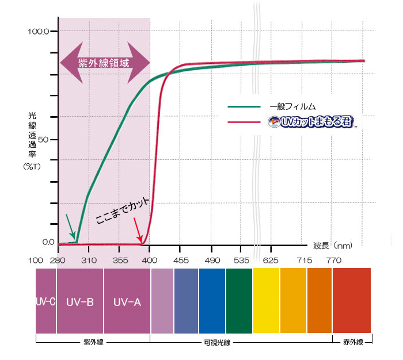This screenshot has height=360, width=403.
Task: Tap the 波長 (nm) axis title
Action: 333,246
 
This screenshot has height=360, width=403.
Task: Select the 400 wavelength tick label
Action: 150,261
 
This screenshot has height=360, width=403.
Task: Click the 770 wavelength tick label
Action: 333,261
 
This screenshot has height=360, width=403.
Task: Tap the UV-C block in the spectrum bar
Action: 45,301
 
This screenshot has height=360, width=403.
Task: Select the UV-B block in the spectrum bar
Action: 80,301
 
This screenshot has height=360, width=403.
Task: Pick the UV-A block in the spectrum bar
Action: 127,301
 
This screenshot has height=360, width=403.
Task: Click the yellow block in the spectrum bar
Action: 266,301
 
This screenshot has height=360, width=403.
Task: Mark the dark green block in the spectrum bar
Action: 239,301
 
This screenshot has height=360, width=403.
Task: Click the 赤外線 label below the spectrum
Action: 352,343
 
